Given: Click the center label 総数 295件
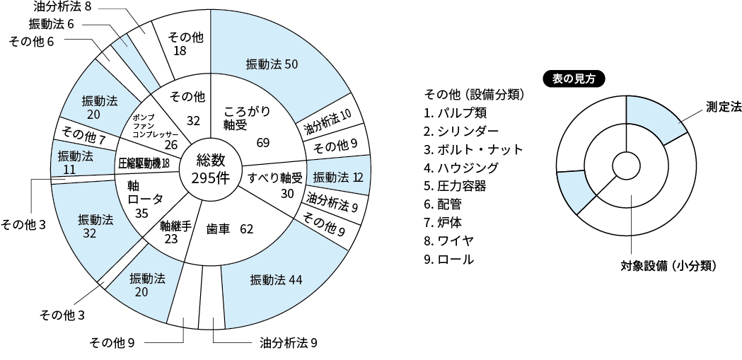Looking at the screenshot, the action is (210, 169).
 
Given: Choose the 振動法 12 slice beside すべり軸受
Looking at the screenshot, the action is (338, 178).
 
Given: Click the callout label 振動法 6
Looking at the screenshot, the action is (51, 24).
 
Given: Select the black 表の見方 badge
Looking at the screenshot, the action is (574, 79).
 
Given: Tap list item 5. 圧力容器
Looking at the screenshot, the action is (455, 186).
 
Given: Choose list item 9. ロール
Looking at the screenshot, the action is (448, 260).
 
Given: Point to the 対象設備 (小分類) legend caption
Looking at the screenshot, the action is (668, 267).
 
